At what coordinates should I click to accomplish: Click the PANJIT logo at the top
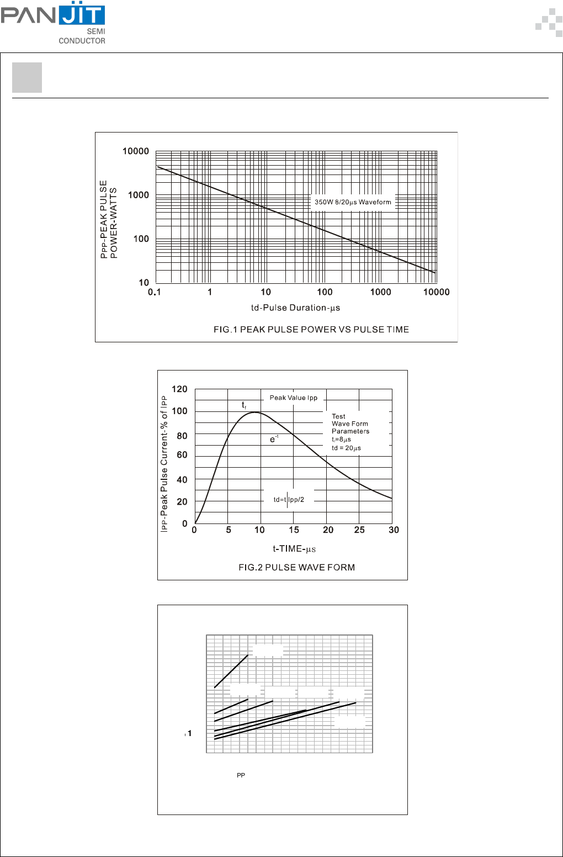(54, 22)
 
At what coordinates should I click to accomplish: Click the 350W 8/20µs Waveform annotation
(353, 202)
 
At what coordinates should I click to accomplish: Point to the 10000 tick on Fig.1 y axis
(136, 151)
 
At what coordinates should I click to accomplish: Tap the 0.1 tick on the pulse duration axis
(155, 292)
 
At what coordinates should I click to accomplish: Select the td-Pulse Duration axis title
(295, 308)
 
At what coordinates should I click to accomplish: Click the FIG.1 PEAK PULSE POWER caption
(311, 330)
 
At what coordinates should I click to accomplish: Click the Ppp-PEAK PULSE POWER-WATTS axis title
(109, 219)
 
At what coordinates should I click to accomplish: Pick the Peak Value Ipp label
(294, 398)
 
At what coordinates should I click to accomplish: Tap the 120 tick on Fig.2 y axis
(179, 389)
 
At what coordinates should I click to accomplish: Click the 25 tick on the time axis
(359, 530)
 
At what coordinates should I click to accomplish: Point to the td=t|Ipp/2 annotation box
(289, 500)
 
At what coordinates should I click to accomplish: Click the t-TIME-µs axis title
(294, 549)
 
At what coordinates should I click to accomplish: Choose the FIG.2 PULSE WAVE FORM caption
(296, 568)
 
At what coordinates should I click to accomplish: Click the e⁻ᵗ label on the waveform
(274, 439)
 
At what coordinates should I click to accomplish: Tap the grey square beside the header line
(27, 78)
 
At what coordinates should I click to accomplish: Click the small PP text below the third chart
(241, 776)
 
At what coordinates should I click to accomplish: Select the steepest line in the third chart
(231, 671)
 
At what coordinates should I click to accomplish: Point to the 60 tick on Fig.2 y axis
(182, 455)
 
